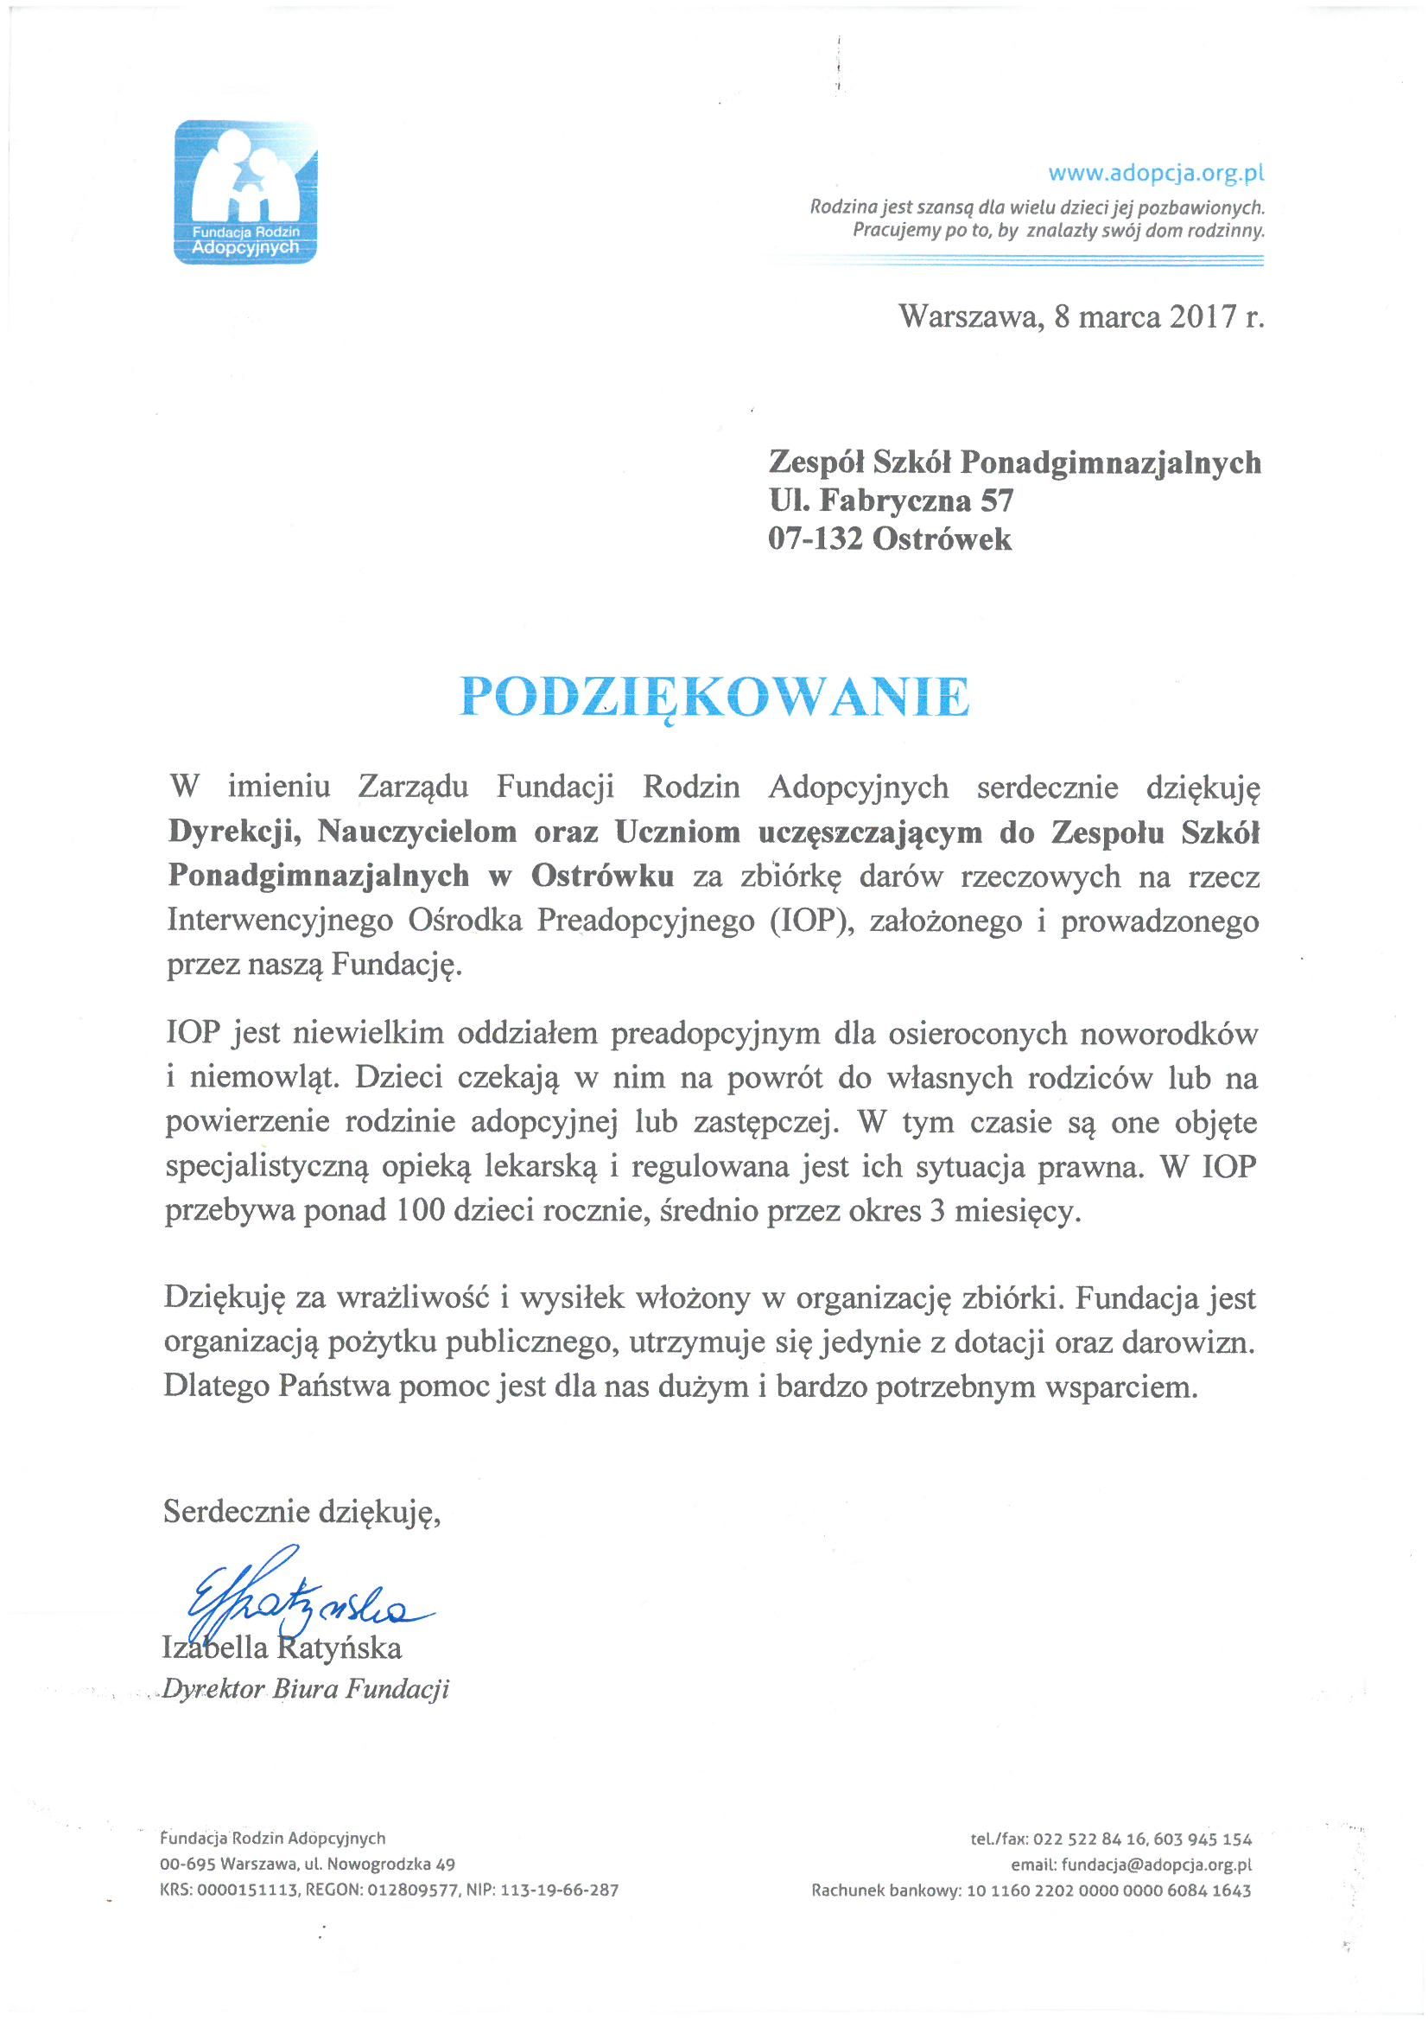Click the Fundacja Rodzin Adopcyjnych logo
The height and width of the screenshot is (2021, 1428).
pyautogui.click(x=245, y=192)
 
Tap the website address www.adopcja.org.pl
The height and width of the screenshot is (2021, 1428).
pyautogui.click(x=1155, y=173)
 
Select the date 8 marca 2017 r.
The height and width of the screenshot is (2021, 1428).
pyautogui.click(x=1158, y=316)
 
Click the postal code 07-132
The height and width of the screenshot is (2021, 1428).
pyautogui.click(x=815, y=539)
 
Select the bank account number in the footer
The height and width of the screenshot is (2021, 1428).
pyautogui.click(x=1107, y=1890)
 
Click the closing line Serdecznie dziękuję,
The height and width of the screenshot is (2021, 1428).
pyautogui.click(x=301, y=1512)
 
